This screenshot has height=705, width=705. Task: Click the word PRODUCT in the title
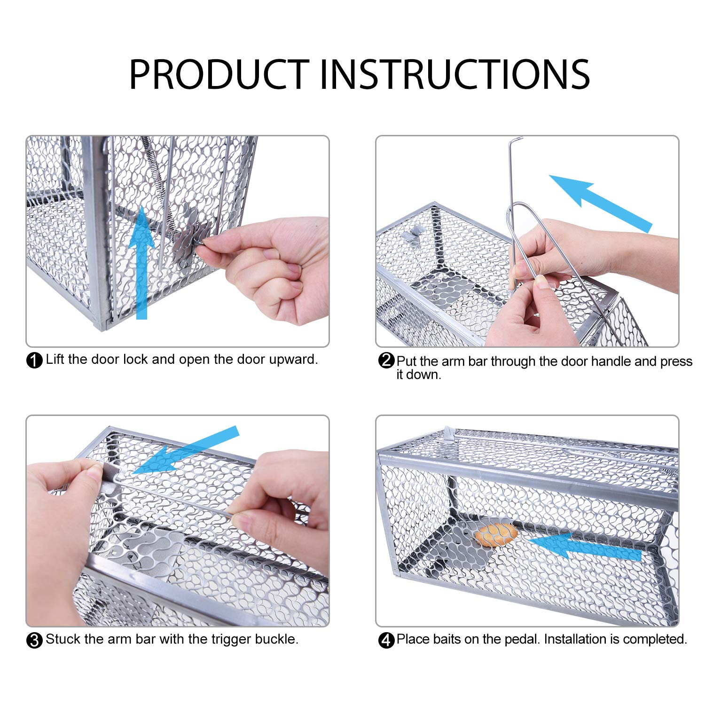pyautogui.click(x=219, y=74)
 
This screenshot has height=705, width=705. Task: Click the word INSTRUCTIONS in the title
pyautogui.click(x=455, y=74)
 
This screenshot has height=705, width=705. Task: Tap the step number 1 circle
pyautogui.click(x=35, y=360)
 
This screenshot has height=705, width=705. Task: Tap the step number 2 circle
pyautogui.click(x=386, y=360)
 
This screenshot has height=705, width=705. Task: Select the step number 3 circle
pyautogui.click(x=35, y=640)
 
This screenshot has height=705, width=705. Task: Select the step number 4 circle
pyautogui.click(x=386, y=640)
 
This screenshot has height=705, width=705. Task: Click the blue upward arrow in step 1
pyautogui.click(x=141, y=263)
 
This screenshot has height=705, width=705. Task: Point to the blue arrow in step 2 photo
pyautogui.click(x=601, y=204)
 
